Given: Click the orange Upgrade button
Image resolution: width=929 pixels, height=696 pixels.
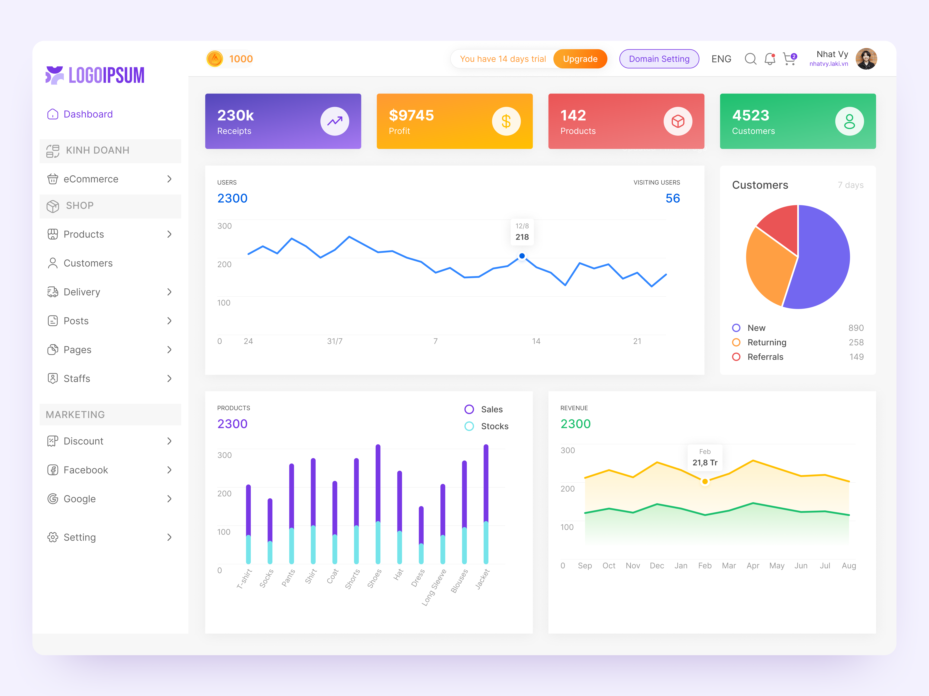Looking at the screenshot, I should click(580, 59).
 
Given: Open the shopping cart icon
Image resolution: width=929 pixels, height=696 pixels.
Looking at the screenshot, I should click(789, 59).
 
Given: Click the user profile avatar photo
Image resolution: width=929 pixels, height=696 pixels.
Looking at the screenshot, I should click(866, 59).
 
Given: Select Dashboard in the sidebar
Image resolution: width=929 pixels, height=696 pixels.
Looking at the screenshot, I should click(88, 114).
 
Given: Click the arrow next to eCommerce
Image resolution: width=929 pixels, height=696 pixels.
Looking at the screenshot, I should click(169, 179).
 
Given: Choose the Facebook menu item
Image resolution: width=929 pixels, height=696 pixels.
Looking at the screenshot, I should click(86, 470).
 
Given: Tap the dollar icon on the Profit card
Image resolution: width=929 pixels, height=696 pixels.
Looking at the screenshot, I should click(506, 121).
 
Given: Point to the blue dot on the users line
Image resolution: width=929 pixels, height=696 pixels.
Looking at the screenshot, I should click(522, 256).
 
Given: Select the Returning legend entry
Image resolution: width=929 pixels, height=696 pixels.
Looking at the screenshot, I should click(766, 342).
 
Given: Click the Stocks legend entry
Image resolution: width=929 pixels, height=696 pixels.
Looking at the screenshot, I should click(494, 426).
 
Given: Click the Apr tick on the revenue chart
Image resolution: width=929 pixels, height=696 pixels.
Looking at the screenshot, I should click(753, 566).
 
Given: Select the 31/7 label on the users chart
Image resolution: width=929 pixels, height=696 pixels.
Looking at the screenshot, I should click(335, 341).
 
